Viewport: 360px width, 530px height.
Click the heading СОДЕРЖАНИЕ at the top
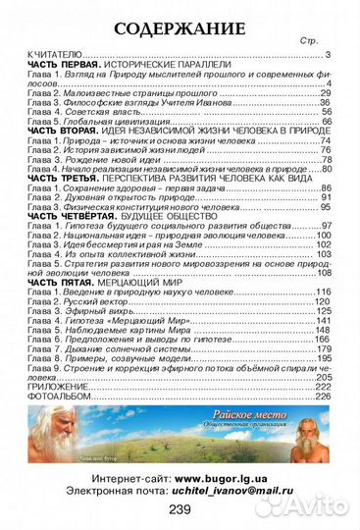[x=180, y=26]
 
